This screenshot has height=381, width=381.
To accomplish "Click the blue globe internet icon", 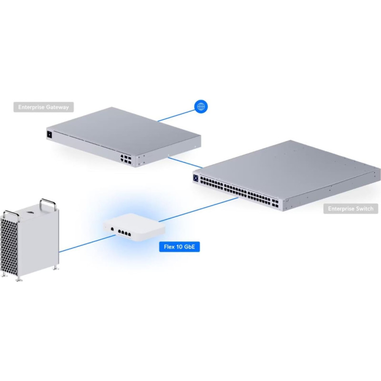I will (201, 107).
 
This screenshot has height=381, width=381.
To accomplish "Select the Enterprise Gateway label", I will (43, 107).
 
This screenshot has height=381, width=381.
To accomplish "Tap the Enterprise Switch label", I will (351, 209).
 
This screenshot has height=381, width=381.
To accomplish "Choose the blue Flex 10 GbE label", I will (179, 247).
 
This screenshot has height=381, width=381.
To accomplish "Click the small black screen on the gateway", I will (50, 134).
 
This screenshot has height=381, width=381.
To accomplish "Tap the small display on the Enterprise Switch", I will (195, 178).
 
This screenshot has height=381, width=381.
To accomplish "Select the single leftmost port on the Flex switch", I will (112, 230).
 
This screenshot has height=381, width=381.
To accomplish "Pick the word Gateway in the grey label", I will (57, 107).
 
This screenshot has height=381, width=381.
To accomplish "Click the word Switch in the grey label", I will (363, 209).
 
